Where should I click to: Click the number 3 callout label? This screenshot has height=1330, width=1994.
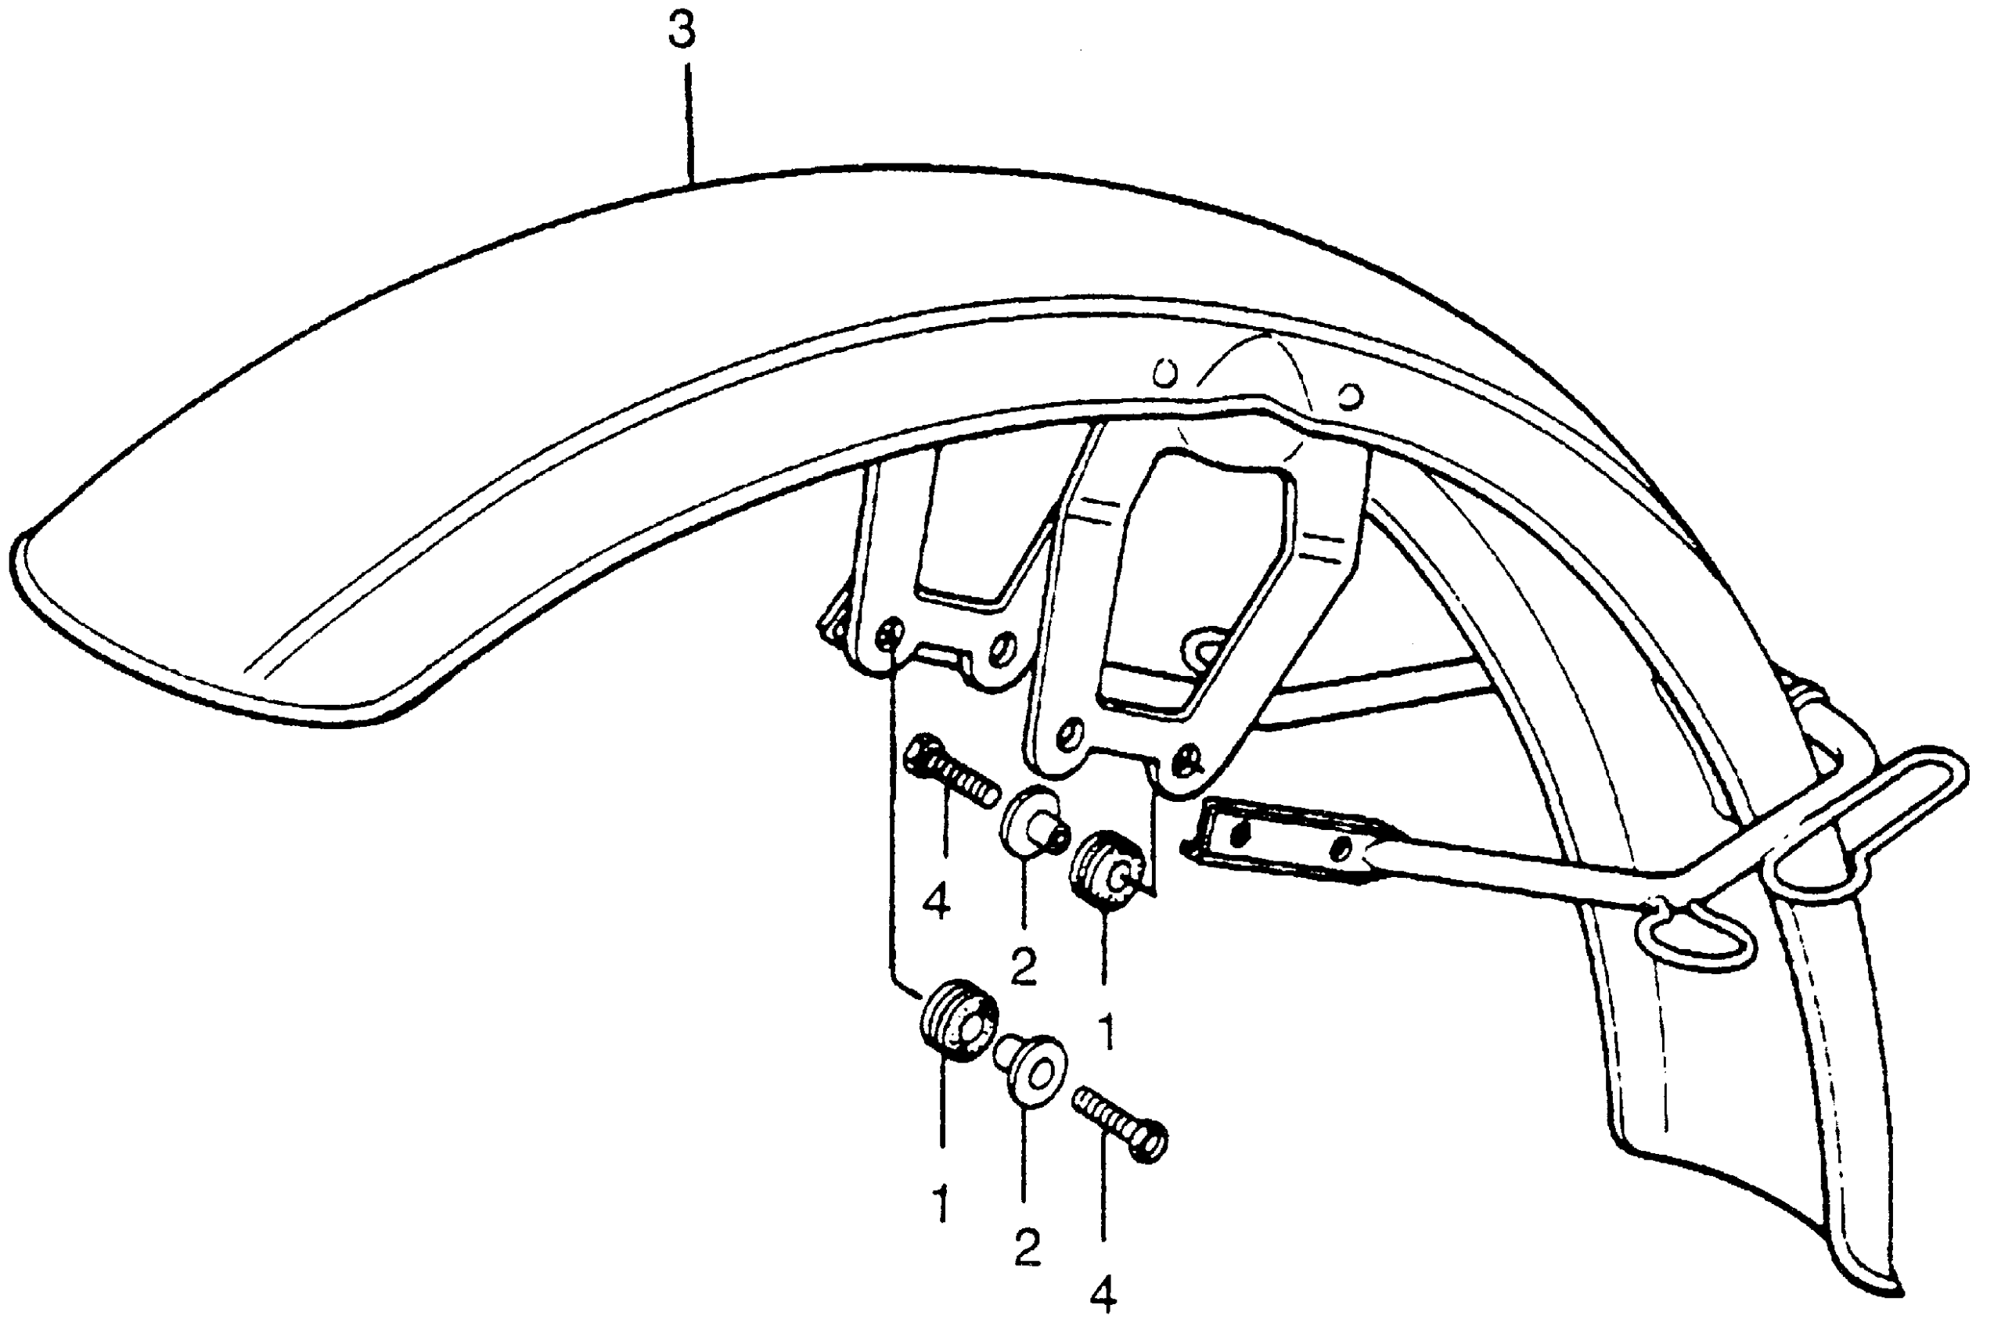pyautogui.click(x=682, y=31)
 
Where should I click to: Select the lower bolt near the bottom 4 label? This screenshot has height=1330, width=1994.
pyautogui.click(x=1119, y=1126)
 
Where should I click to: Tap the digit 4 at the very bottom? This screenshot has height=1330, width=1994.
pyautogui.click(x=1103, y=1297)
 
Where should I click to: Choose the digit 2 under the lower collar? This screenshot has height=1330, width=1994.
pyautogui.click(x=1027, y=1247)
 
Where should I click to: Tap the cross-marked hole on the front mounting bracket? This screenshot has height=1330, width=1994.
pyautogui.click(x=887, y=635)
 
